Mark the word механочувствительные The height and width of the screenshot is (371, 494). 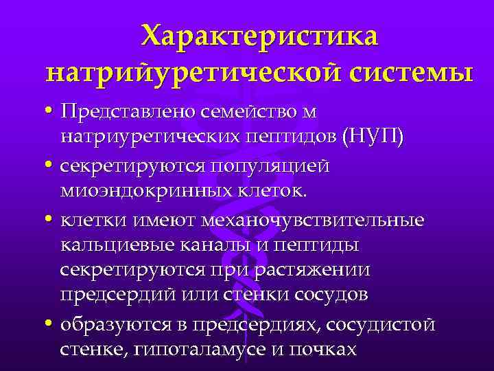pyautogui.click(x=311, y=221)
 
